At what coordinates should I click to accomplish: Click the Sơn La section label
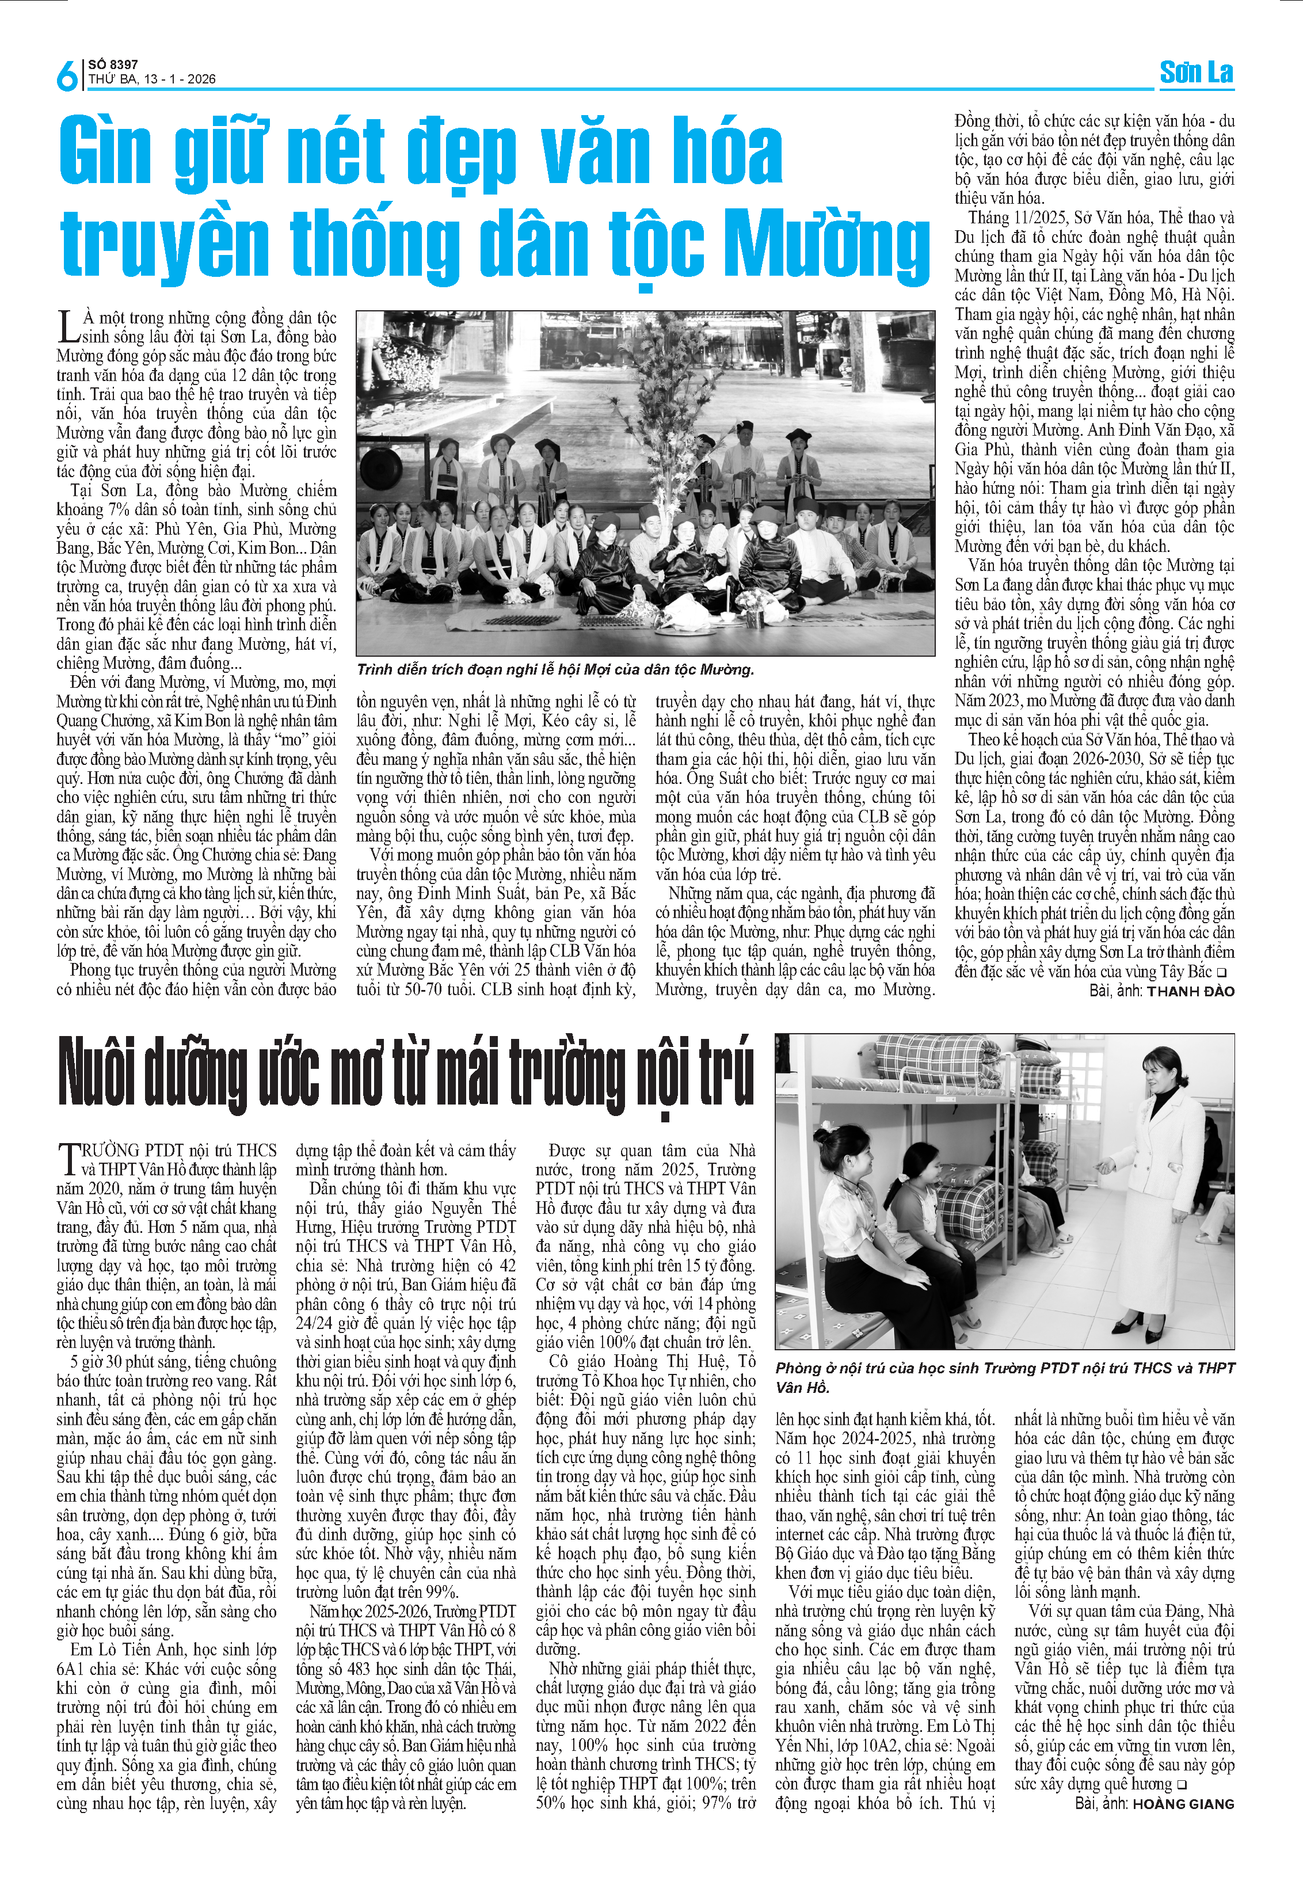pos(1196,73)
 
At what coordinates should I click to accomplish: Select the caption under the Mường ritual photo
pos(555,669)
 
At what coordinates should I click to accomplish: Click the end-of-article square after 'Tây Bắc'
pos(1222,973)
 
